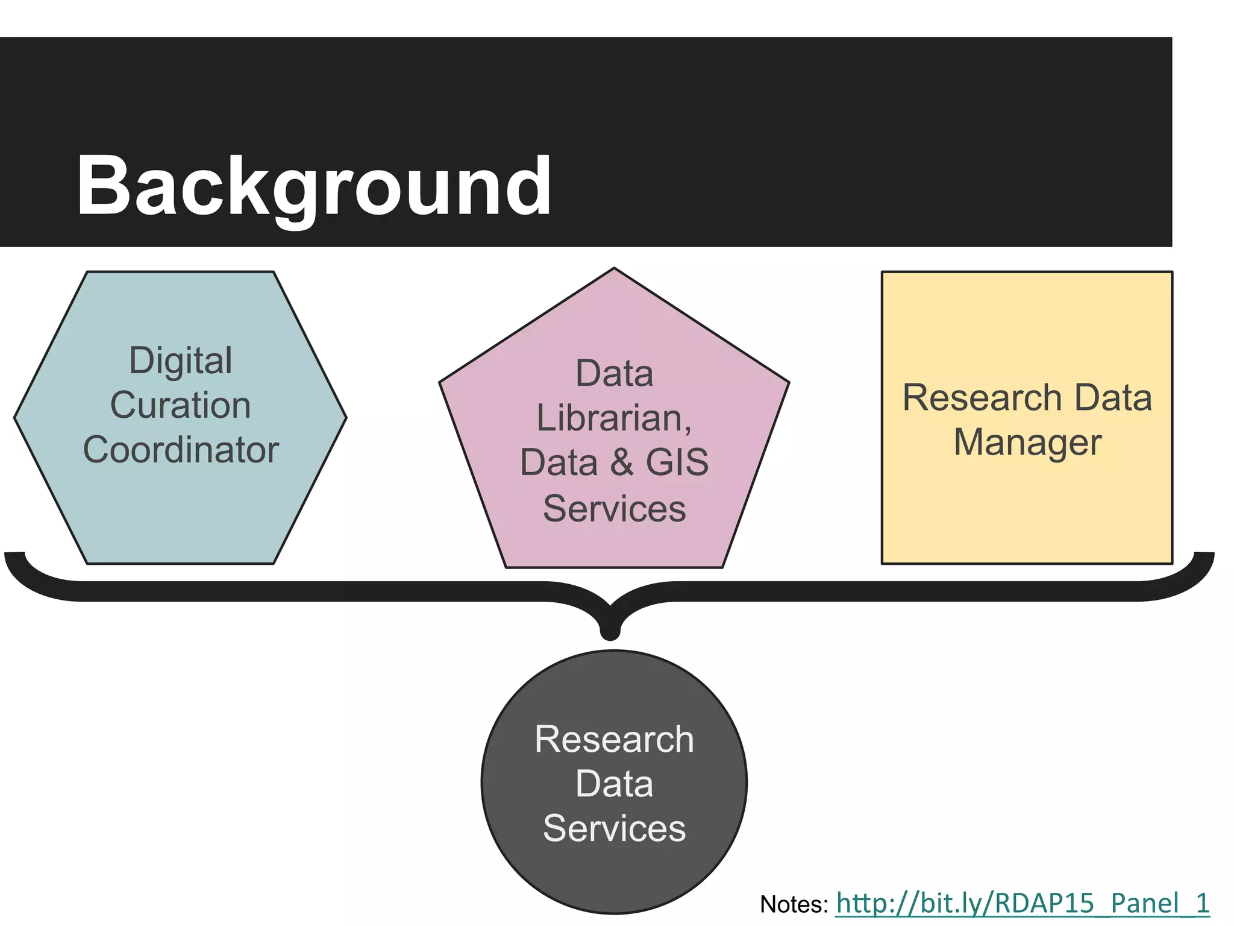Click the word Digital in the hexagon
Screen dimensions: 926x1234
click(x=181, y=361)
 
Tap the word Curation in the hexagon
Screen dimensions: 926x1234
click(x=180, y=405)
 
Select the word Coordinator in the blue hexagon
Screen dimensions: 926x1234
click(x=181, y=450)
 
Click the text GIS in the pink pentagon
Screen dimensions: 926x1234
click(x=677, y=462)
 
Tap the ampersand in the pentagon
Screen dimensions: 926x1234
click(x=621, y=463)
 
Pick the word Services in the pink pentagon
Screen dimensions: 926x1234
click(x=614, y=508)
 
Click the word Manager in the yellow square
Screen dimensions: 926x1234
click(x=1027, y=442)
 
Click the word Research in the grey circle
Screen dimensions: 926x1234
click(x=614, y=739)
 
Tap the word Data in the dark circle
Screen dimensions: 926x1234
click(x=614, y=784)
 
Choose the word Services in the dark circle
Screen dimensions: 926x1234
click(x=614, y=828)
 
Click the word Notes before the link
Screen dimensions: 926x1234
click(x=794, y=904)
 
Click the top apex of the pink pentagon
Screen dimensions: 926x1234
click(x=614, y=269)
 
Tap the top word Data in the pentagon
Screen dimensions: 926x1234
click(x=614, y=374)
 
